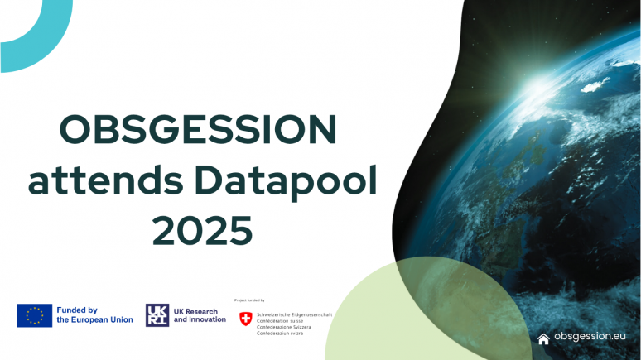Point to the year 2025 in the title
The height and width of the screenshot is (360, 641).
[x=202, y=230]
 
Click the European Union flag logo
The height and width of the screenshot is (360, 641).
[x=35, y=315]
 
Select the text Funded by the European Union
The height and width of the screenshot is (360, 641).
[x=94, y=315]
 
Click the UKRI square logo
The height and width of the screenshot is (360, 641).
[x=157, y=315]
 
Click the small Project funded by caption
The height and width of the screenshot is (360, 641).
[x=251, y=300]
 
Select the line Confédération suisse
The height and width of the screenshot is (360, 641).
[x=282, y=320]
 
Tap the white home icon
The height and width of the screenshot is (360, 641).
[x=543, y=338]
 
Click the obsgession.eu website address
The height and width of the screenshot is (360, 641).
[x=590, y=338]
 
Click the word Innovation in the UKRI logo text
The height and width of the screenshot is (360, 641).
[x=207, y=319]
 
